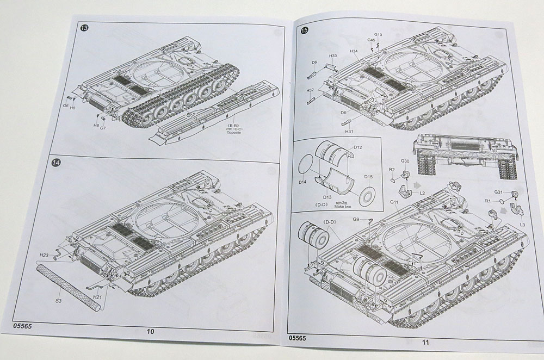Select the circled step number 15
(x=304, y=30)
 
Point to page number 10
(x=151, y=332)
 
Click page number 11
(x=425, y=342)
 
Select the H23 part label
(x=44, y=255)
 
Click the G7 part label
(x=102, y=127)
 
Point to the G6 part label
(x=65, y=105)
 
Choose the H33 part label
(x=333, y=55)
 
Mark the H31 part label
(x=349, y=131)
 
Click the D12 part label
(x=357, y=147)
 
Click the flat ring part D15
(x=368, y=194)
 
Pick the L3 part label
(x=522, y=224)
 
